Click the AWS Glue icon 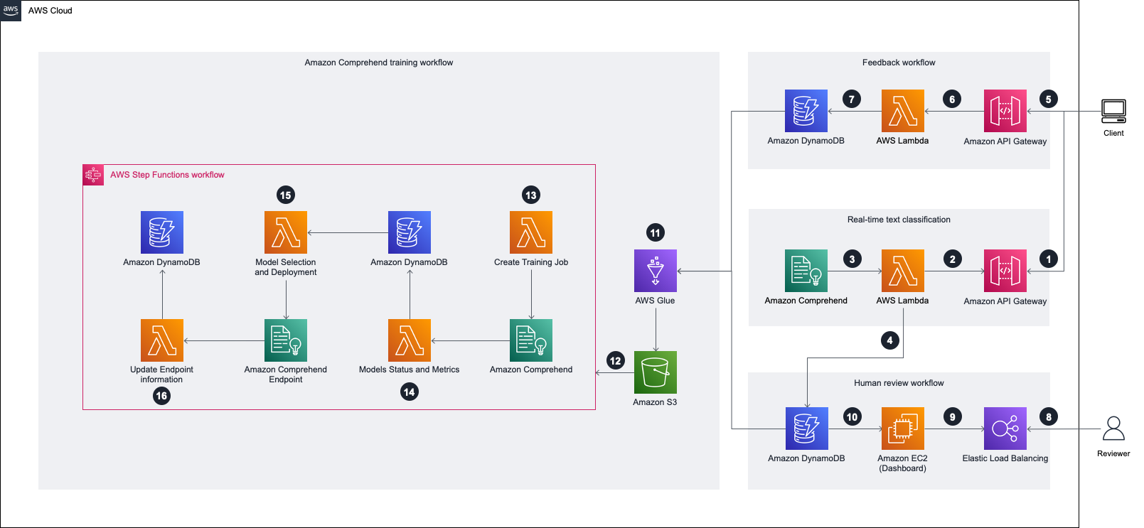coord(655,271)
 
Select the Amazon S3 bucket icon coord(655,372)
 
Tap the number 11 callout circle coord(655,233)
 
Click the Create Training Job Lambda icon coord(531,232)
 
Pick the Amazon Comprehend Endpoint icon coord(286,340)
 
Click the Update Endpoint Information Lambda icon coord(162,340)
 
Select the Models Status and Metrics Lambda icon coord(410,340)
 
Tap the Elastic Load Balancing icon coord(1005,429)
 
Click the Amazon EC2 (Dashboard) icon coord(902,429)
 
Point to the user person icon coord(1113,429)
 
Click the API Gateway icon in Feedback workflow coord(1005,111)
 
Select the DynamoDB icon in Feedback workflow coord(806,111)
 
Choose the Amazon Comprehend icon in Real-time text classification coord(806,271)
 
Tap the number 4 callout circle coord(889,340)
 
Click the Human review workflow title coord(899,383)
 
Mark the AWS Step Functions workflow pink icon coord(93,175)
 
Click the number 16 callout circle coord(161,396)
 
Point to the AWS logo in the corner coord(11,10)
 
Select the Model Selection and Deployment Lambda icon coord(286,232)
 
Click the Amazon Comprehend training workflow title coord(378,63)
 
